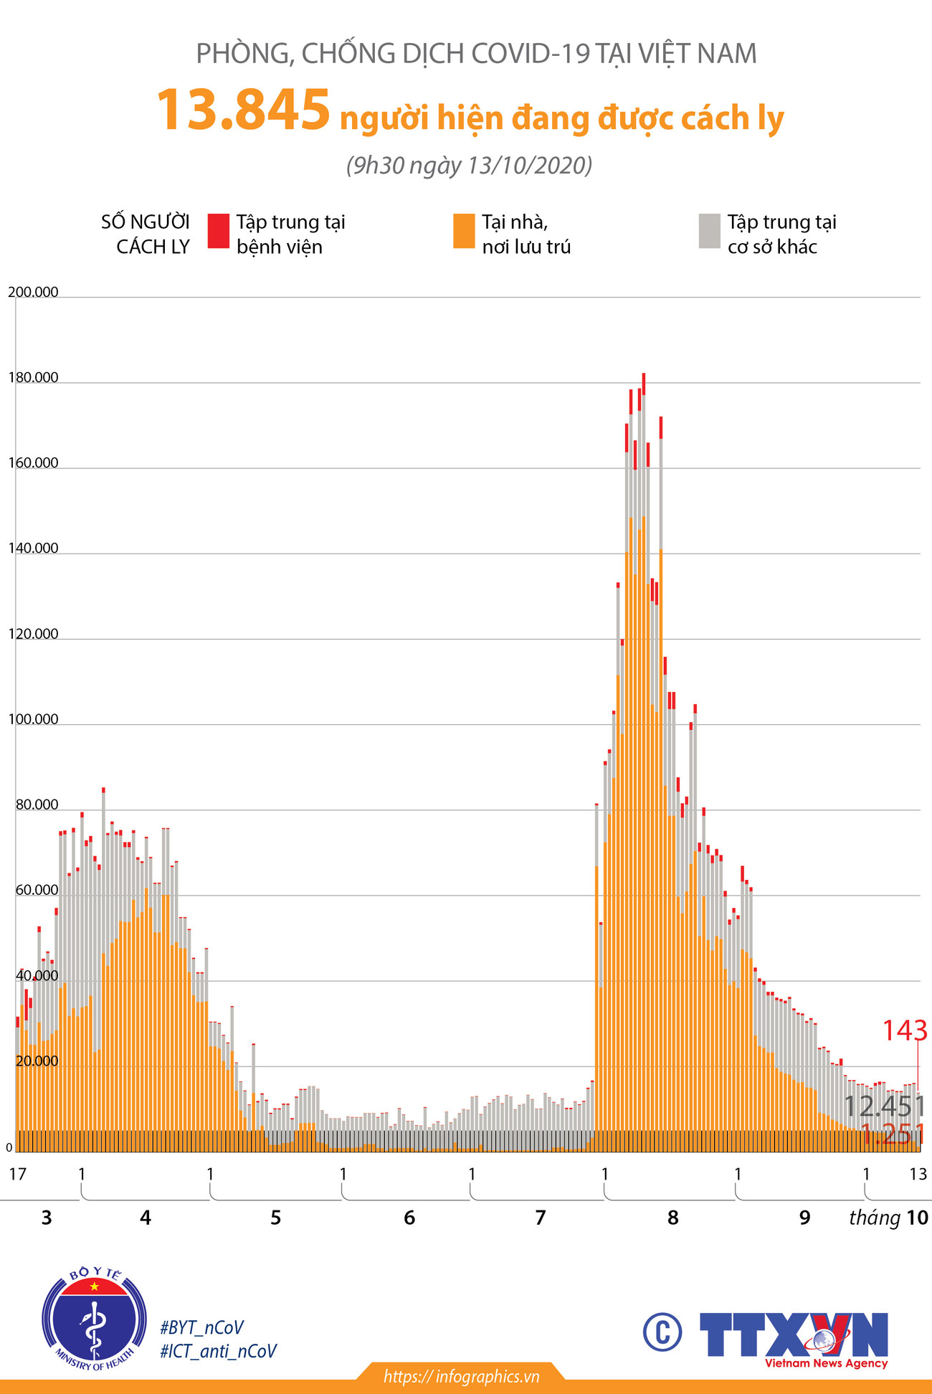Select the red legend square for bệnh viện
219,231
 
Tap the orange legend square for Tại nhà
464,231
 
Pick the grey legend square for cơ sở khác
709,231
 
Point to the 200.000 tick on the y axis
33,292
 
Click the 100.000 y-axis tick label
33,719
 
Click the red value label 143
905,1031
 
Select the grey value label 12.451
884,1106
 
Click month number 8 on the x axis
672,1218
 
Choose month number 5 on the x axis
276,1218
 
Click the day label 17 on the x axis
17,1174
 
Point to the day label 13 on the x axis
918,1174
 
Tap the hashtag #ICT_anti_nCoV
218,1351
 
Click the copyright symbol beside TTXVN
662,1331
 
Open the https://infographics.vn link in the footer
461,1376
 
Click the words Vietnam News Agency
826,1363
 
